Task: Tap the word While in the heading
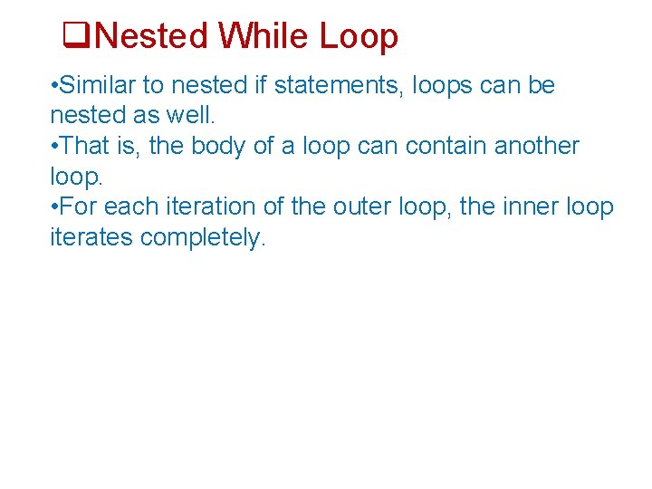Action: coord(264,37)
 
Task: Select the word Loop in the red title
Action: coord(359,37)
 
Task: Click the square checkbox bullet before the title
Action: coord(75,37)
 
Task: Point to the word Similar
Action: coord(101,86)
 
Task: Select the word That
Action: coord(86,147)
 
